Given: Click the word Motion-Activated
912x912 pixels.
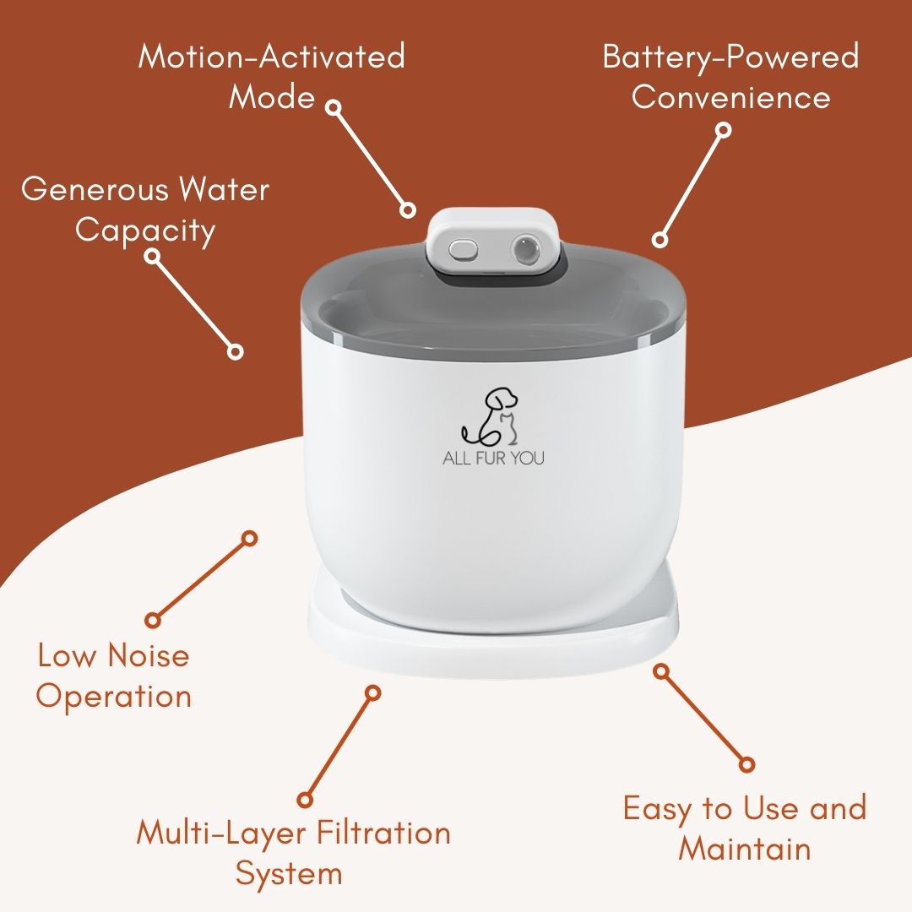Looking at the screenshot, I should pos(271,57).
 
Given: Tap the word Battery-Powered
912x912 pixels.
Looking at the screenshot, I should pos(730,57).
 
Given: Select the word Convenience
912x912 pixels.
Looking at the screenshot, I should pos(730,97).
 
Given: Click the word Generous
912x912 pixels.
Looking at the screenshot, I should pos(92,189).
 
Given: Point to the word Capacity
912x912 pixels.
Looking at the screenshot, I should pos(145,231).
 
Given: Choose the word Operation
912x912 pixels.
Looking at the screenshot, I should pos(114,697).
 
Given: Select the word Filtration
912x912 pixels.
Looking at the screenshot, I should pos(385,833).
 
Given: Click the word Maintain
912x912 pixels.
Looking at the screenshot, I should pos(744,848).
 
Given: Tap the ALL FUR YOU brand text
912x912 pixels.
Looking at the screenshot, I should pos(493,459).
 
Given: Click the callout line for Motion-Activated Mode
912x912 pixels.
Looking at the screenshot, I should pos(371,159).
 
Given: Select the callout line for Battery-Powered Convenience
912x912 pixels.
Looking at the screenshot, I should pos(692,185).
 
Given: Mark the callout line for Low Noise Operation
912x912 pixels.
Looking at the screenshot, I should pos(201,578).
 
